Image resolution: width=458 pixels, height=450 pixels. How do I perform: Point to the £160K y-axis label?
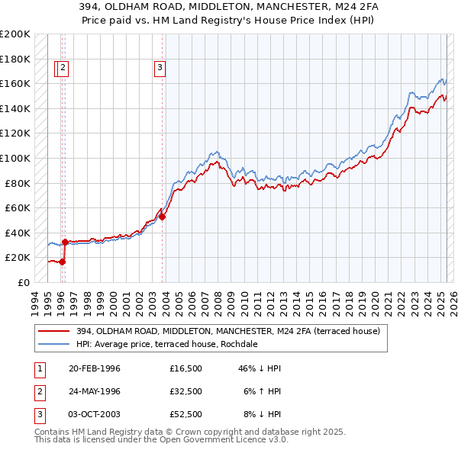point(15,83)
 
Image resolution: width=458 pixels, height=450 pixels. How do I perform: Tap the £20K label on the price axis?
point(18,258)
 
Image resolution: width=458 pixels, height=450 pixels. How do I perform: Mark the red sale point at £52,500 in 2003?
point(162,217)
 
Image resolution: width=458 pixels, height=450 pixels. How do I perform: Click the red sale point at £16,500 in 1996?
point(63,262)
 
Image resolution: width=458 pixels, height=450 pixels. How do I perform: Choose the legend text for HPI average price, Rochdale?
point(167,344)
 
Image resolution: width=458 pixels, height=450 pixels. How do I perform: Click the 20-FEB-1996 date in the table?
point(95,368)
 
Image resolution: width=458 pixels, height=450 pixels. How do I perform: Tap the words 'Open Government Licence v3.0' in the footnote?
point(206,440)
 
